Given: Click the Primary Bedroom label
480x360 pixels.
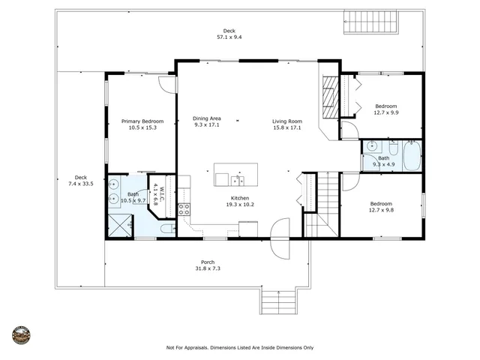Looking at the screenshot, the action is [x=142, y=121].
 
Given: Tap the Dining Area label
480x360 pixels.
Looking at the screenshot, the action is [x=207, y=118].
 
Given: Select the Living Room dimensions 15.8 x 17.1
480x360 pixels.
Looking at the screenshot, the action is [x=286, y=127].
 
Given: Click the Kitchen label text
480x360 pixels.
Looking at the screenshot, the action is [x=240, y=198].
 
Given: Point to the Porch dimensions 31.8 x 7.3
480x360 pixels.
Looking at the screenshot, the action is [x=208, y=268].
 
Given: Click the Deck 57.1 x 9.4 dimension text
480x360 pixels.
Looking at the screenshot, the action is [x=229, y=37].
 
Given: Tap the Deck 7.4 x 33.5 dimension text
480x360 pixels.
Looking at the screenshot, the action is [x=81, y=184].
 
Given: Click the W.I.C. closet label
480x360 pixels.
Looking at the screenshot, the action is [x=162, y=192].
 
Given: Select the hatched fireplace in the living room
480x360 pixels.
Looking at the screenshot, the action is [x=330, y=97].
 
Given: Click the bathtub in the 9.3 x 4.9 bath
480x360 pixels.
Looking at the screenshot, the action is [x=412, y=156].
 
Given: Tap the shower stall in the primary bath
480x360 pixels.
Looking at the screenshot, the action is [x=120, y=226].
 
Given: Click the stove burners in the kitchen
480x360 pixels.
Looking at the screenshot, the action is [x=184, y=209].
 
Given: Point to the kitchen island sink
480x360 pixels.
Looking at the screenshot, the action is [x=238, y=181].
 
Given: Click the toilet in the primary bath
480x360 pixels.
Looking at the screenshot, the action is [x=168, y=229].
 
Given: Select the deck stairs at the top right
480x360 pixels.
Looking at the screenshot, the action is [x=370, y=22].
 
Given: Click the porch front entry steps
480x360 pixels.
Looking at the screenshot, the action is [x=278, y=301].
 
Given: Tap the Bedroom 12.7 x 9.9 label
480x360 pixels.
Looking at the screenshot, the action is [x=386, y=106].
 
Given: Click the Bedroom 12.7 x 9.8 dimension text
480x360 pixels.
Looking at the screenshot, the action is [x=381, y=210].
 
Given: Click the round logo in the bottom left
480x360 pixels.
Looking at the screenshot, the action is [x=21, y=335].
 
